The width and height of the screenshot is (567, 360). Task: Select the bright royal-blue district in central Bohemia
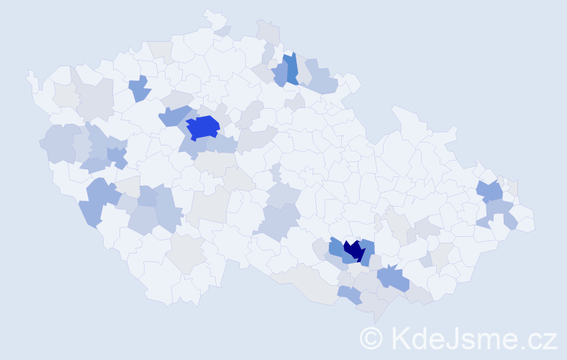click(204, 127)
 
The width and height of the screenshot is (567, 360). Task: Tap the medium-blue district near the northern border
click(291, 69)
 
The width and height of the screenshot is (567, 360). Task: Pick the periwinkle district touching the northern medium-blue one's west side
click(281, 73)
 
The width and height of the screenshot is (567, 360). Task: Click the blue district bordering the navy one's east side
click(368, 252)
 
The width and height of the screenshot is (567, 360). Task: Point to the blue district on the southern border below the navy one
click(350, 294)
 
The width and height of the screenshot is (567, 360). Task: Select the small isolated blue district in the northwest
click(140, 89)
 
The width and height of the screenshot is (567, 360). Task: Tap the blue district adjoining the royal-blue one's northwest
click(175, 115)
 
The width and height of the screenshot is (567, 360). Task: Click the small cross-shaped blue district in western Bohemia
click(117, 156)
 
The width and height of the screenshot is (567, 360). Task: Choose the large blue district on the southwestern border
click(96, 202)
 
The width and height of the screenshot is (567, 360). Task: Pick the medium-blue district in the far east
click(491, 191)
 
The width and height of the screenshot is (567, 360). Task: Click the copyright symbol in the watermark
click(371, 338)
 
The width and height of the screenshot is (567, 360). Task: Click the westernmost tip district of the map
click(31, 78)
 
